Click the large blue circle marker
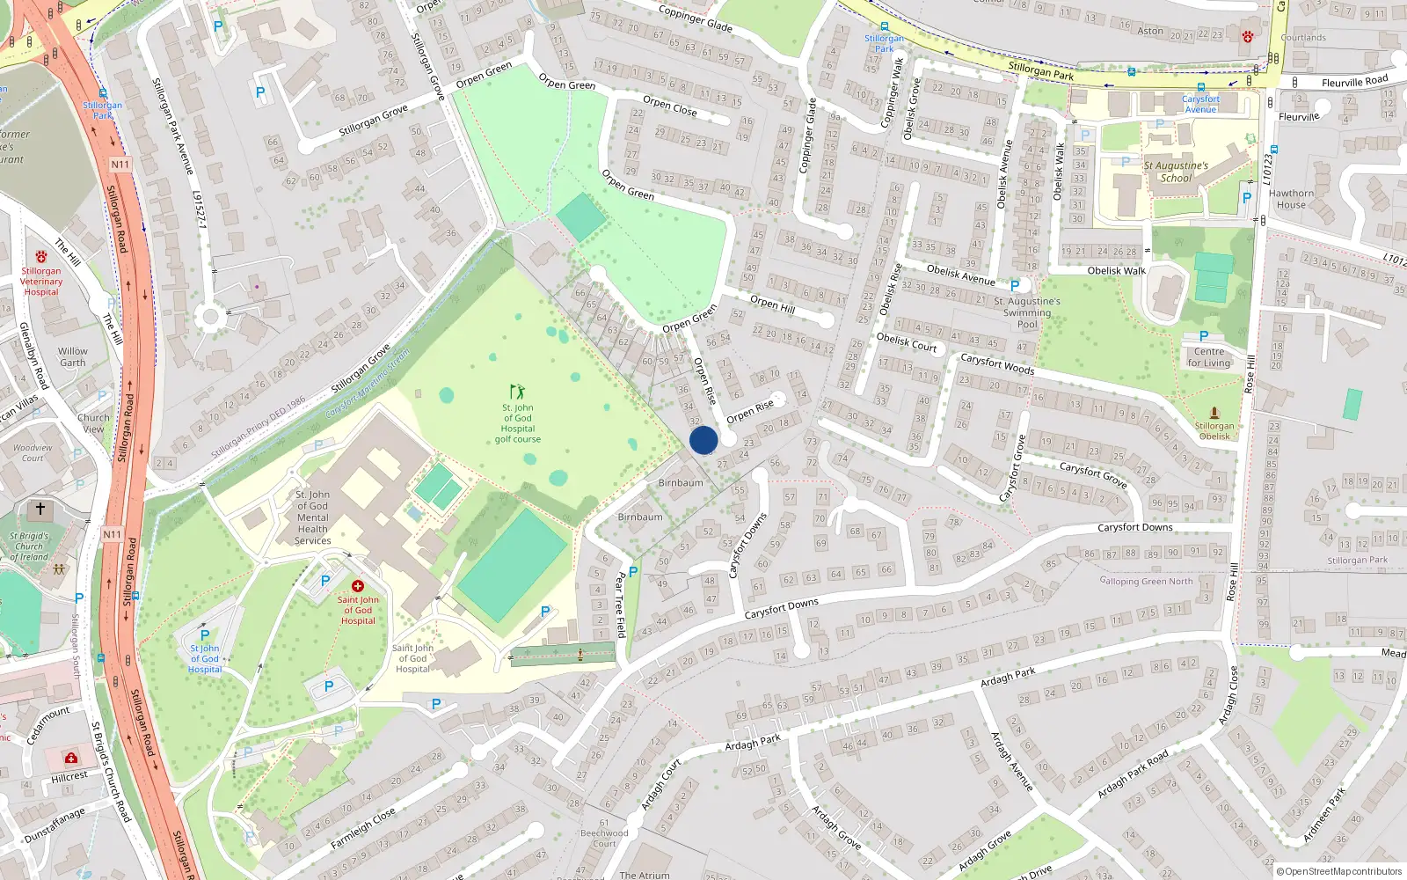703,440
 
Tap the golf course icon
517,391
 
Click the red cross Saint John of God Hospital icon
358,586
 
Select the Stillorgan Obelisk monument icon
1214,412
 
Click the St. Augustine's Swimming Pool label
1026,312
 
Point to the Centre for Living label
1208,357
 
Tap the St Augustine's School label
1176,172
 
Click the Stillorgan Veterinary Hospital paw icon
40,257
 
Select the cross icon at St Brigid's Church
40,509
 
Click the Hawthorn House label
1291,199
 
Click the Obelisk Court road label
907,342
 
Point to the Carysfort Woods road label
996,364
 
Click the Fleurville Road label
1354,82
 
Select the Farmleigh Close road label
362,830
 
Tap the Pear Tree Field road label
621,605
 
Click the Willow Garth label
73,356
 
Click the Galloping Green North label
1146,581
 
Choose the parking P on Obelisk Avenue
1015,286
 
